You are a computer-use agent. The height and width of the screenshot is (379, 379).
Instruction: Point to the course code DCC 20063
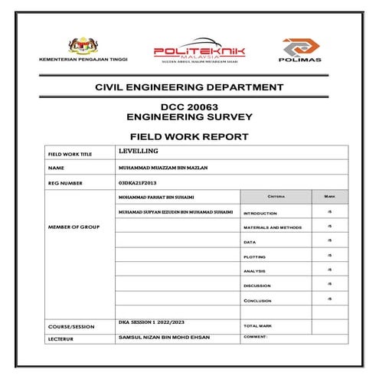189,108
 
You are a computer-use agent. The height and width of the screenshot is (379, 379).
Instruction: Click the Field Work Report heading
189,136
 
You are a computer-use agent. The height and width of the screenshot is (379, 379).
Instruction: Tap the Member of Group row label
74,227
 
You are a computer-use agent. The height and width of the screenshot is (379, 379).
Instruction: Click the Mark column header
329,198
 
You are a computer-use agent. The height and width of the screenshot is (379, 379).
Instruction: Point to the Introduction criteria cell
260,213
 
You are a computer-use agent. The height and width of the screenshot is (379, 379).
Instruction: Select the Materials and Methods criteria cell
272,227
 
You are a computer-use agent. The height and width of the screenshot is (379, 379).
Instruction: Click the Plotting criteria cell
256,256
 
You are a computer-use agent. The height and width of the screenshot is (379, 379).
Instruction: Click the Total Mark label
258,325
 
